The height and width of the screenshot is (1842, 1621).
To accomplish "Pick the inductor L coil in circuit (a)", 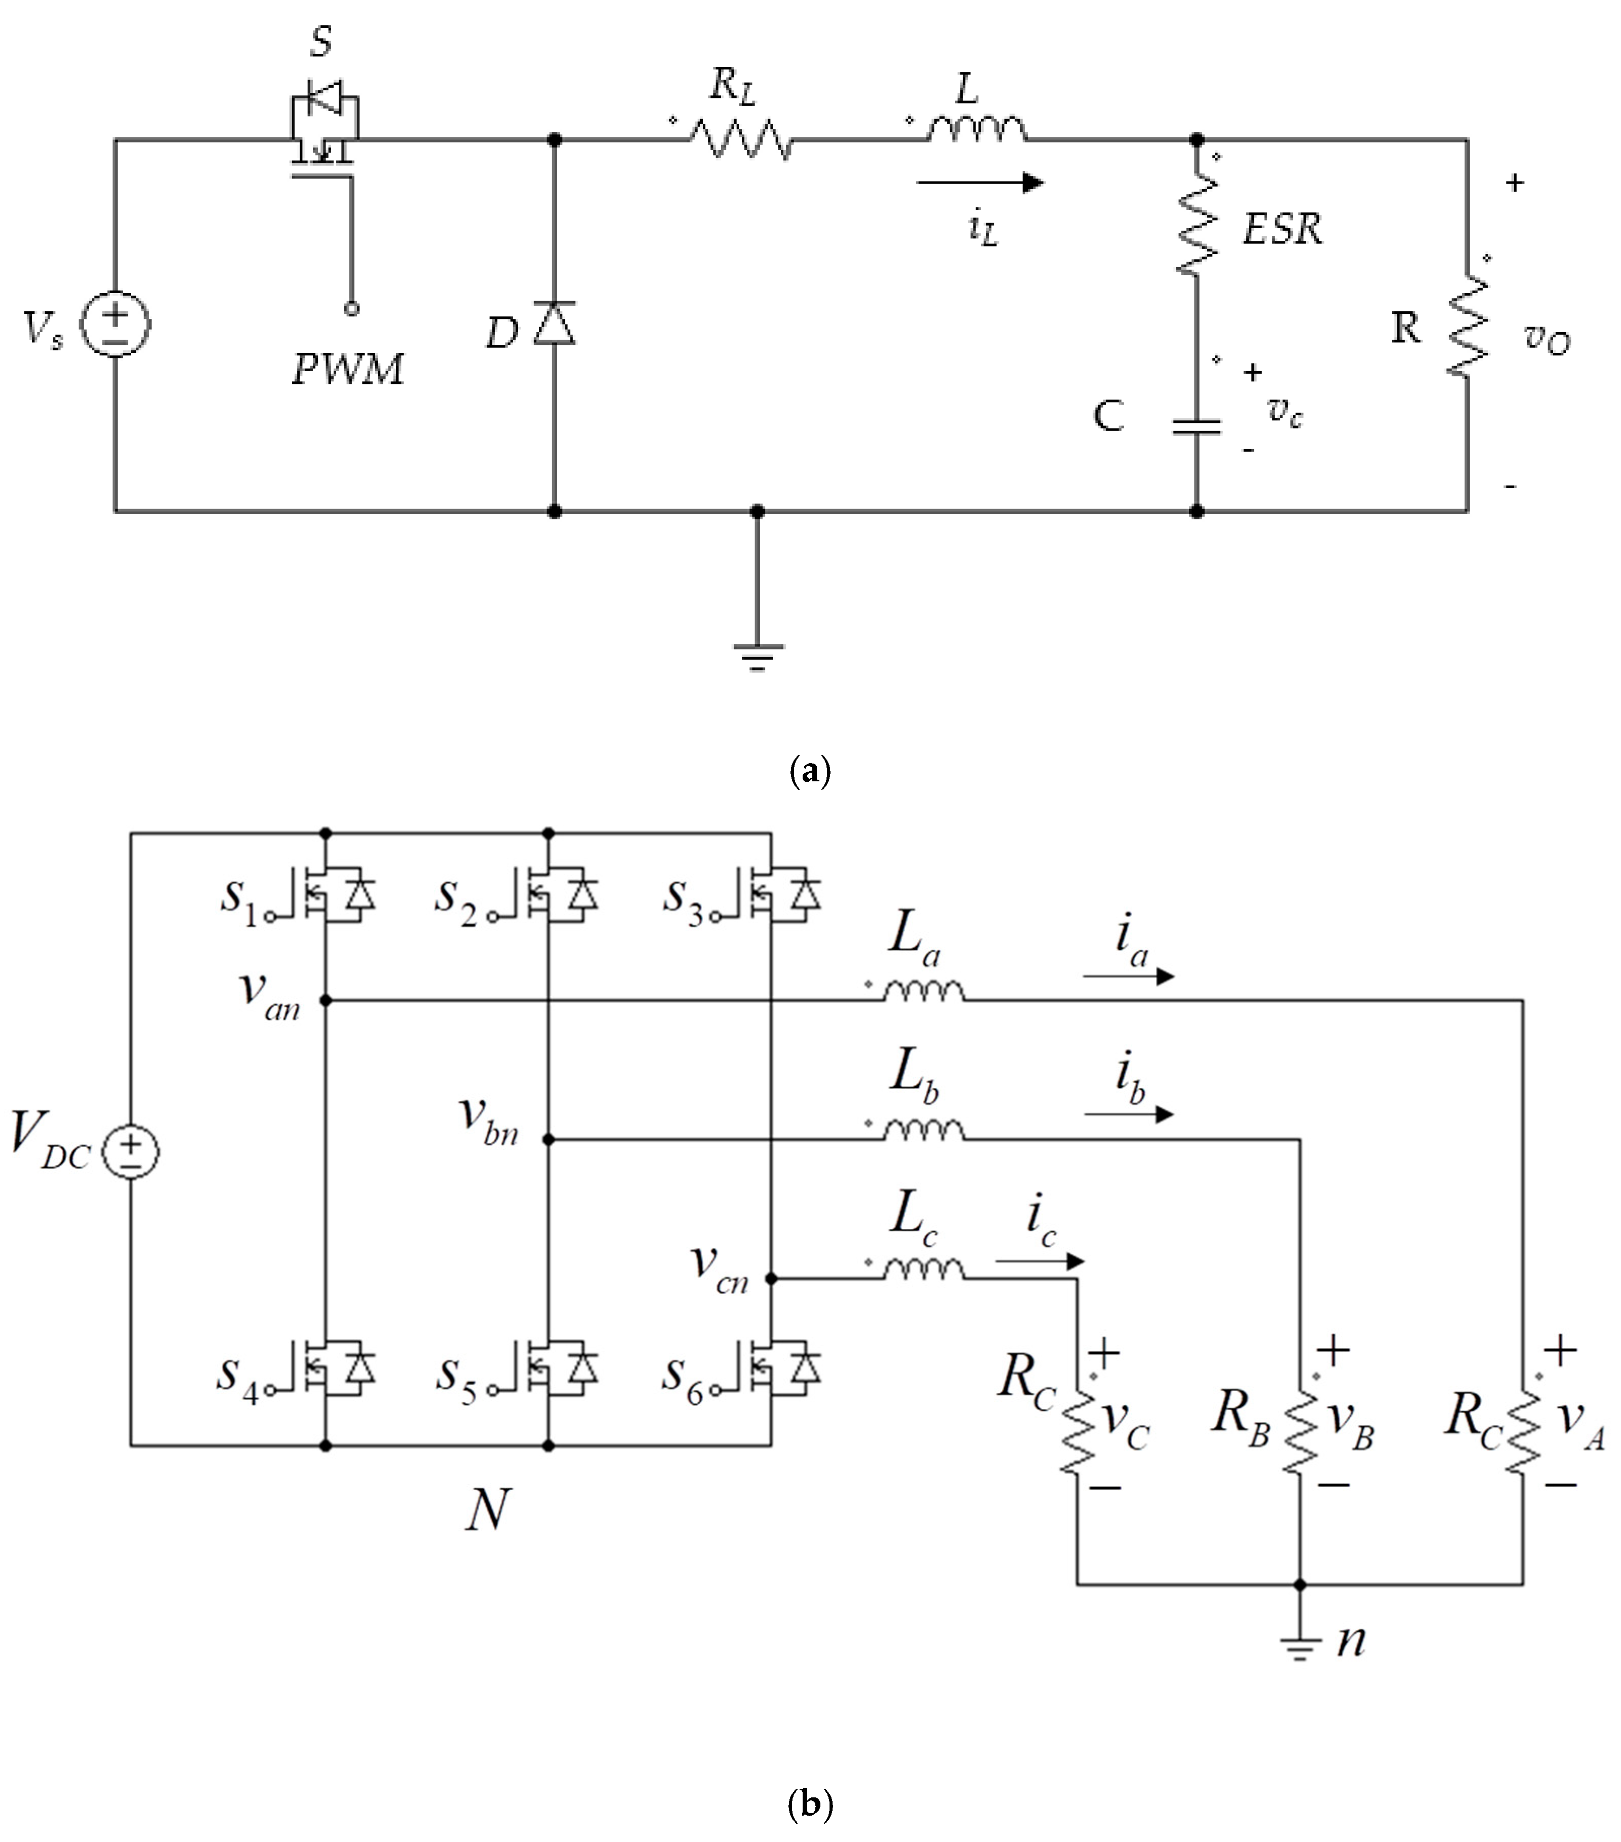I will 977,131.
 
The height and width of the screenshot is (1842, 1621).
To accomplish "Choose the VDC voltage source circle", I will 131,1152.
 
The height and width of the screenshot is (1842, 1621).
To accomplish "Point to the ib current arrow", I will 1128,1115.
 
